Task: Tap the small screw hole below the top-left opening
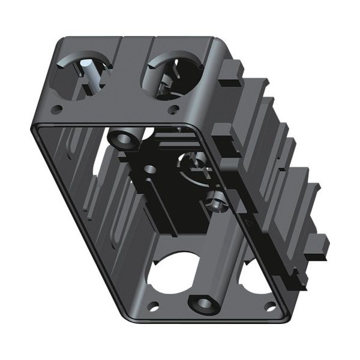tap(58, 110)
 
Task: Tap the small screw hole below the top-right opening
tap(174, 109)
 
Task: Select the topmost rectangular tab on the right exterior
tap(232, 71)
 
